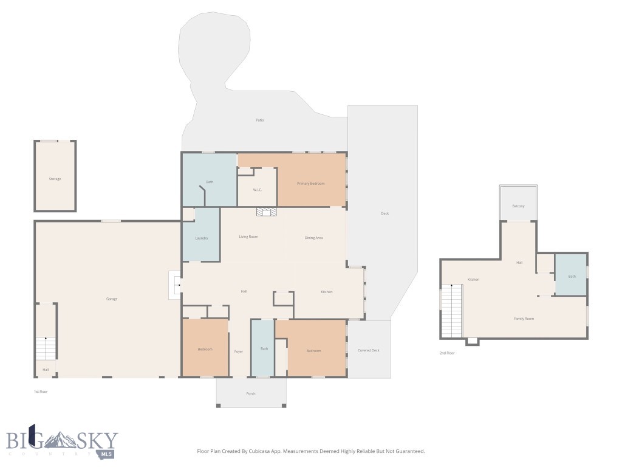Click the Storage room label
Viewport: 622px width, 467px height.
[55, 179]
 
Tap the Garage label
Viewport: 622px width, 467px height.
[112, 299]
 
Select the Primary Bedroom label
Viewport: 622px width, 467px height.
[310, 184]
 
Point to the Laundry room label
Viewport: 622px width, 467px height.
[202, 238]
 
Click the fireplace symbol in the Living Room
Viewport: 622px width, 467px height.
[266, 212]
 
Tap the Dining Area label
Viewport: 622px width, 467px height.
[313, 237]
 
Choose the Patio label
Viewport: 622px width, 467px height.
[260, 120]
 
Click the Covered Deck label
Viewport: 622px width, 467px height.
[368, 350]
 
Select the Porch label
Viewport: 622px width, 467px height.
[251, 393]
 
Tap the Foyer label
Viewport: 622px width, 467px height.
[239, 351]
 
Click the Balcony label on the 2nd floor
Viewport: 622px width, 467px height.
[518, 206]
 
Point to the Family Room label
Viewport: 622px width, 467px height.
[524, 319]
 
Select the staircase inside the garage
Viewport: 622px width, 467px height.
[46, 348]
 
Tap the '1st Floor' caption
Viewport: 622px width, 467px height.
[41, 392]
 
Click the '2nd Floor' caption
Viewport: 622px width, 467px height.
[447, 353]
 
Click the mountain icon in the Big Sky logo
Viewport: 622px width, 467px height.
[66, 440]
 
